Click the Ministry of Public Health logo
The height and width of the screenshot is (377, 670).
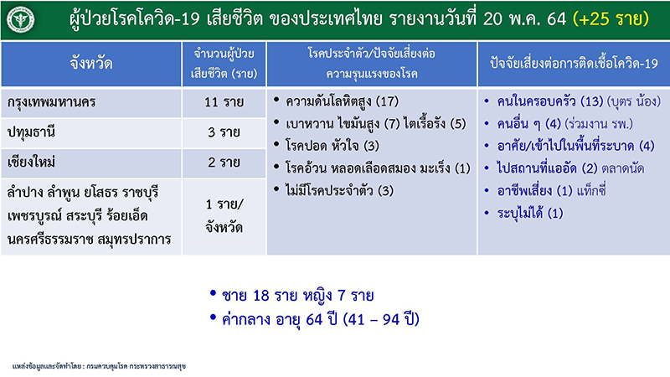(20, 19)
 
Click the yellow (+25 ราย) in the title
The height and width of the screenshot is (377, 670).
(611, 18)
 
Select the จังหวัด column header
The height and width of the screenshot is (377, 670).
(91, 64)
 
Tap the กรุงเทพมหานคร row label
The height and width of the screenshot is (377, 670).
(51, 102)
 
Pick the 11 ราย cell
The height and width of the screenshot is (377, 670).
(224, 102)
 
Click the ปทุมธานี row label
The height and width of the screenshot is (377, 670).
(31, 132)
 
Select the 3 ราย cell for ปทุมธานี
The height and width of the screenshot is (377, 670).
(224, 132)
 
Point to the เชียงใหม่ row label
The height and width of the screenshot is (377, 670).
(31, 163)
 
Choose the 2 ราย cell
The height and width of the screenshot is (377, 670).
(224, 163)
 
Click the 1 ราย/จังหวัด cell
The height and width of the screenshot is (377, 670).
(224, 216)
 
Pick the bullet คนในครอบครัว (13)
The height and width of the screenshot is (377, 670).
(550, 101)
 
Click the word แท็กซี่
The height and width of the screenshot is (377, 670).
(591, 190)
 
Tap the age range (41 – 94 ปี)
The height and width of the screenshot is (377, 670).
(382, 319)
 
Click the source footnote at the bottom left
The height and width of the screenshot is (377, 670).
(99, 366)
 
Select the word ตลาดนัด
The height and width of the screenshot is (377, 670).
(622, 168)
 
